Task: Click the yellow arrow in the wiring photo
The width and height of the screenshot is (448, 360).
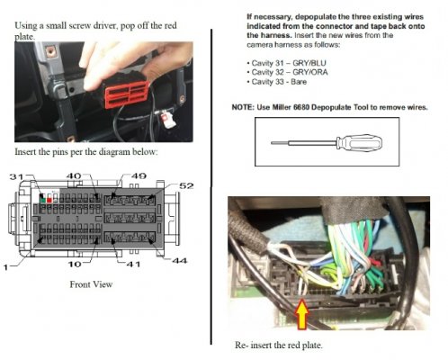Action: (x=302, y=313)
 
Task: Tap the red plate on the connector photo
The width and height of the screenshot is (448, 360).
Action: (x=127, y=94)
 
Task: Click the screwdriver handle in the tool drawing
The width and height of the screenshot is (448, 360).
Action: (x=359, y=142)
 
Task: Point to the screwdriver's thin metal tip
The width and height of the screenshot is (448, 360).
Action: (x=280, y=143)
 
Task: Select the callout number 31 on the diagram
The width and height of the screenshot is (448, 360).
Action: (x=16, y=176)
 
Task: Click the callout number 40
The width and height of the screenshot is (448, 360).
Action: (x=74, y=176)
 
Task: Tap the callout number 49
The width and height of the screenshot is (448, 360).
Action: (x=139, y=176)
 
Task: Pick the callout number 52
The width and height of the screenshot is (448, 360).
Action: (x=186, y=186)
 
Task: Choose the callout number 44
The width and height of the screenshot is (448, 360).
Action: (x=179, y=261)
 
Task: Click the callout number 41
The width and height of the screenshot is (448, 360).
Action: (x=133, y=265)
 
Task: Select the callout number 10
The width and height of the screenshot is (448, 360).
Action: (x=75, y=265)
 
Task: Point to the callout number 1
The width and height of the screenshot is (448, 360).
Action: (x=5, y=267)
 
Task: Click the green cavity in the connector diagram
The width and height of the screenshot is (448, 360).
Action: (x=42, y=200)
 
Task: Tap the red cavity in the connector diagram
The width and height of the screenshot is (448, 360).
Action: (x=49, y=200)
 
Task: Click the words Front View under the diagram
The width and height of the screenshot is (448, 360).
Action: (x=91, y=284)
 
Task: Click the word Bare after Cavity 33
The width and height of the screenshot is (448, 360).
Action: (x=299, y=82)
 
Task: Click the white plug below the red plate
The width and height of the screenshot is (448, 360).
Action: (x=166, y=118)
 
